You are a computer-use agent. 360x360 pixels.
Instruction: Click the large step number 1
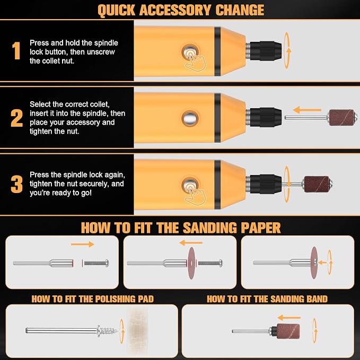(x=16, y=50)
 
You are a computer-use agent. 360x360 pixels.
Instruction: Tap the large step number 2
(x=17, y=118)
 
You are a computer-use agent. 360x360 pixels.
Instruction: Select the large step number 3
(x=17, y=184)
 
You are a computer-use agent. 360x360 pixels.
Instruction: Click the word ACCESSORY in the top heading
(x=175, y=10)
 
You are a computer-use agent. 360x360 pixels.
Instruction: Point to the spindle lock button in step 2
(x=190, y=118)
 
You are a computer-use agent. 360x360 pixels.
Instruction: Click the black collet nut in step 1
(x=266, y=51)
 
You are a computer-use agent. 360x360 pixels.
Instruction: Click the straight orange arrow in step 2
(x=307, y=110)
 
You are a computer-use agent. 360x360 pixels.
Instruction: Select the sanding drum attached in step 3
(x=318, y=184)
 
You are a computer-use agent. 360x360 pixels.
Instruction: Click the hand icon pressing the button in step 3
(x=195, y=195)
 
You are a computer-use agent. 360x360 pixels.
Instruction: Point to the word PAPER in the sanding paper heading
(x=260, y=228)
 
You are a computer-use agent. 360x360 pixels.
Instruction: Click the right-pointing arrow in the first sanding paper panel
(x=83, y=244)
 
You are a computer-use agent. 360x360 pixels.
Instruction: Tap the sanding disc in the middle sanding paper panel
(x=191, y=263)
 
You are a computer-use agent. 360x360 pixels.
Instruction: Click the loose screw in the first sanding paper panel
(x=96, y=263)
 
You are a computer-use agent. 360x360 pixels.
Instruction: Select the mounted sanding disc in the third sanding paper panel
(x=314, y=263)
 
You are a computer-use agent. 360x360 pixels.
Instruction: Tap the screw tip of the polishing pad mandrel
(x=117, y=331)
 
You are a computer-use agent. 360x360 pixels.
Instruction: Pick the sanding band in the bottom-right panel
(x=288, y=331)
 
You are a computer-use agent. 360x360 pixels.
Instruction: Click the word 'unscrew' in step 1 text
(x=101, y=52)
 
